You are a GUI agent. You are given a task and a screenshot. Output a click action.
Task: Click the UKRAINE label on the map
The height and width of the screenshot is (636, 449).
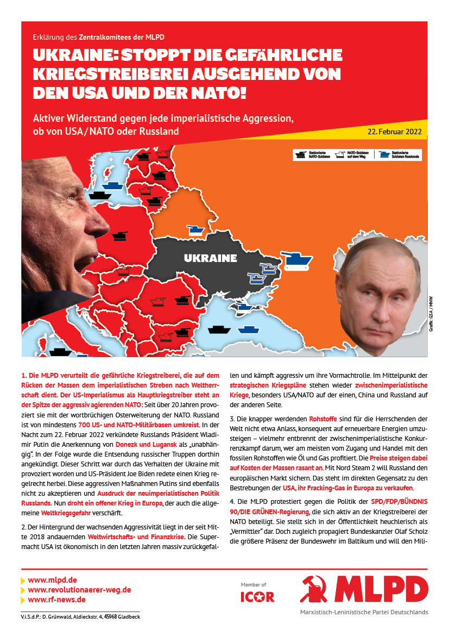coord(210,258)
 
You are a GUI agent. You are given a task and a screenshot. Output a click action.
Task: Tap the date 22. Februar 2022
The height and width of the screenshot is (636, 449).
coord(394,132)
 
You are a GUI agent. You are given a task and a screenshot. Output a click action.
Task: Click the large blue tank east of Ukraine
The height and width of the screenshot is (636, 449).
coord(296,259)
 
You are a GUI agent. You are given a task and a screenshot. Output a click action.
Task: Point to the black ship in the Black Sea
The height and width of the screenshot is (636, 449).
coord(218,329)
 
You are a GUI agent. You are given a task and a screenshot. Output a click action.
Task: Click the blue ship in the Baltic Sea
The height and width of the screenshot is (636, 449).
coord(112,185)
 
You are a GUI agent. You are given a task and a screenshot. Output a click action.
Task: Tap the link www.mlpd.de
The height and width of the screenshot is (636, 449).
coord(52,580)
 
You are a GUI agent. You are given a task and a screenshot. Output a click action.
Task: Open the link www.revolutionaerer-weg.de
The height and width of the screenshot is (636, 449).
coord(79,590)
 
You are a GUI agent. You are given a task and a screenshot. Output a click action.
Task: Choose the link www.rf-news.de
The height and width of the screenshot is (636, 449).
coord(56,600)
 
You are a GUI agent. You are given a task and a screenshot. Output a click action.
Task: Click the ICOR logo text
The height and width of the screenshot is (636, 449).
coord(257,597)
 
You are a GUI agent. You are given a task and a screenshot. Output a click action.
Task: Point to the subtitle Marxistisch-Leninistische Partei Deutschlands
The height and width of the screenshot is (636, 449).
coord(364,612)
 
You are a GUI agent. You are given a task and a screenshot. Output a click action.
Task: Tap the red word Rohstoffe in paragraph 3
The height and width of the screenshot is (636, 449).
coord(323,419)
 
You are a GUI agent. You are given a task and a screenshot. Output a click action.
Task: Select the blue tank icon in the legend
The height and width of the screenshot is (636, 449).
coord(384,154)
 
